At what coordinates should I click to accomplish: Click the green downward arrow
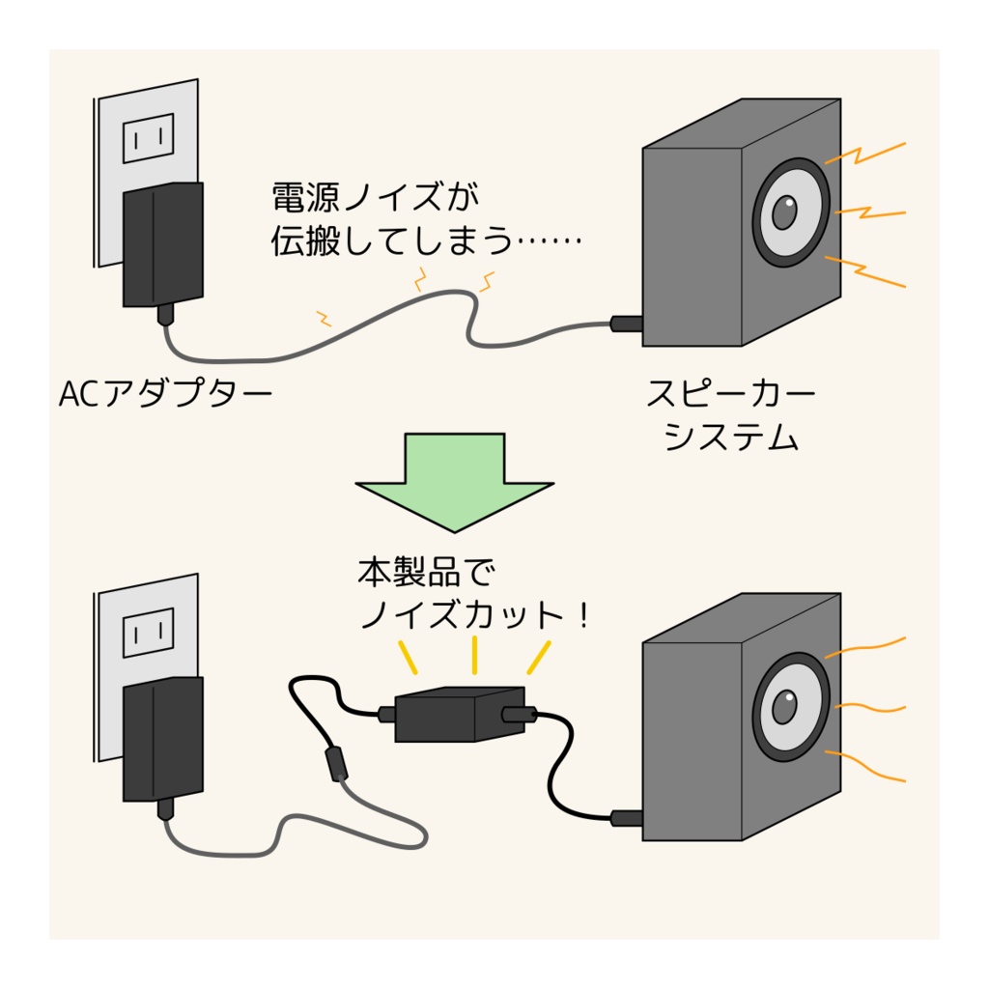(x=453, y=480)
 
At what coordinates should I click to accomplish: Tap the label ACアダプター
(x=163, y=394)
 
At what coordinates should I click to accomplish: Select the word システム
(x=732, y=438)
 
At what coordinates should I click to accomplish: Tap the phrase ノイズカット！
(x=473, y=615)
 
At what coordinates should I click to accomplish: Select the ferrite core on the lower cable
(x=335, y=762)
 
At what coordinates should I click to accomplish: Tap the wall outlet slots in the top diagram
(x=148, y=138)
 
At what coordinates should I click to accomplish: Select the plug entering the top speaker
(x=627, y=324)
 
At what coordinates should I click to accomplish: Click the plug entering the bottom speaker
(x=627, y=818)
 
